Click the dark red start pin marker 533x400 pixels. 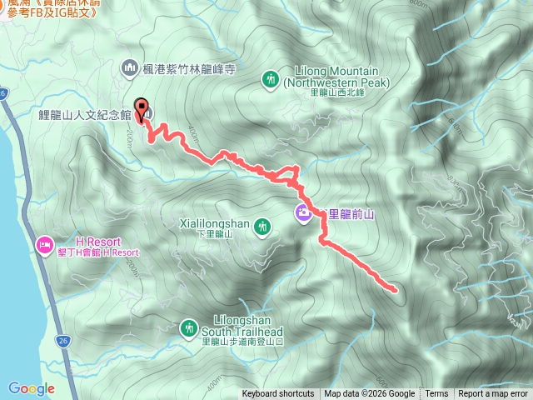[x=142, y=110]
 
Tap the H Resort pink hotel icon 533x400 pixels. [x=43, y=244]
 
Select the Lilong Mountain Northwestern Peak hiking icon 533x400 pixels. [x=270, y=79]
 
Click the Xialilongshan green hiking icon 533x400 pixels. [x=263, y=226]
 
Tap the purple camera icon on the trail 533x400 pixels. [x=302, y=214]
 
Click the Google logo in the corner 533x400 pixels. [x=31, y=388]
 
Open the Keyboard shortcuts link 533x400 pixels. [x=278, y=394]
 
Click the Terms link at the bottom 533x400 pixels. [x=436, y=394]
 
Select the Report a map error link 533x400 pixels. [x=493, y=394]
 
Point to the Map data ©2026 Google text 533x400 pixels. [x=369, y=394]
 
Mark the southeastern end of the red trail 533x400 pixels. [x=393, y=290]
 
